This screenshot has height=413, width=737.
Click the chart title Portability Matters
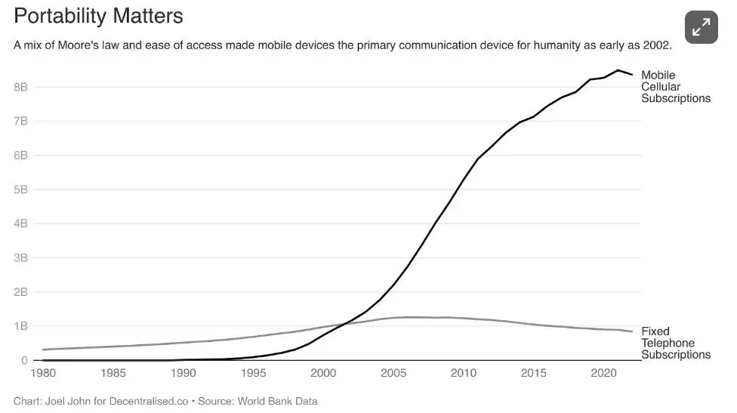[x=99, y=16]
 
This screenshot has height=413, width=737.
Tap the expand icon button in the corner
[x=701, y=28]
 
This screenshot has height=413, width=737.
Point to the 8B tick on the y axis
[x=20, y=87]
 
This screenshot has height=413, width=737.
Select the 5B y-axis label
[x=20, y=190]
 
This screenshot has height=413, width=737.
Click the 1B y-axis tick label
[x=20, y=326]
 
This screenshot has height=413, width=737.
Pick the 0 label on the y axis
[x=25, y=360]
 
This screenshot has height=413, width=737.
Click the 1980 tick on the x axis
[x=45, y=373]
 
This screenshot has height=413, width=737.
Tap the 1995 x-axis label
[x=253, y=373]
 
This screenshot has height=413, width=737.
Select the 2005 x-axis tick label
[x=393, y=373]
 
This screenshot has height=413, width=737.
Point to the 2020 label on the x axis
[x=603, y=373]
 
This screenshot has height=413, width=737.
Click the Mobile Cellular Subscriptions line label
[x=675, y=87]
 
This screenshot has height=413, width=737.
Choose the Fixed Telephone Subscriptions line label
[x=675, y=343]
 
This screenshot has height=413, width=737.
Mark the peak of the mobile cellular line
[x=618, y=70]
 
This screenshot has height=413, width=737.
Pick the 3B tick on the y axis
[x=20, y=257]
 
